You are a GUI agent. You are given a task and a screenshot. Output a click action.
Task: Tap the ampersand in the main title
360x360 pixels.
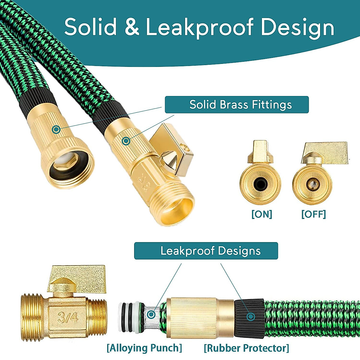tap(132, 27)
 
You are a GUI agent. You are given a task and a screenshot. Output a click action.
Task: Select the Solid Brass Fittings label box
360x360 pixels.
tap(237, 105)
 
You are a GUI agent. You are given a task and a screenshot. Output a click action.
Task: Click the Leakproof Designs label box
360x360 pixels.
tap(206, 251)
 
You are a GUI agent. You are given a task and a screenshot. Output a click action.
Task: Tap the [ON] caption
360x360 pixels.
tap(262, 214)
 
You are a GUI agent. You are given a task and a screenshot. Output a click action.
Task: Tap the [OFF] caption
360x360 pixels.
tap(313, 214)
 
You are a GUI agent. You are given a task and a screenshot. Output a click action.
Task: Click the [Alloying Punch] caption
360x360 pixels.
tap(144, 348)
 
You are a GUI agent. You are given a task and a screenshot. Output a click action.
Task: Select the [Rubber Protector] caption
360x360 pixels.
tap(246, 348)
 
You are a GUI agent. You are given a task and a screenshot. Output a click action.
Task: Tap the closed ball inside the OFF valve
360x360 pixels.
tap(312, 182)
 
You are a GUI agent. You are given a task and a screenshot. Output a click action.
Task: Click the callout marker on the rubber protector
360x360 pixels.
tap(251, 316)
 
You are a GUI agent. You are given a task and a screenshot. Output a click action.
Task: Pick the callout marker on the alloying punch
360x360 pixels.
tap(151, 314)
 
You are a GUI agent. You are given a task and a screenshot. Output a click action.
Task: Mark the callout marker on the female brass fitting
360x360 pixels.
tap(56, 130)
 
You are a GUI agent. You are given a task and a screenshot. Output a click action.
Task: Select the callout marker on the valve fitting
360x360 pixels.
tap(126, 140)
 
